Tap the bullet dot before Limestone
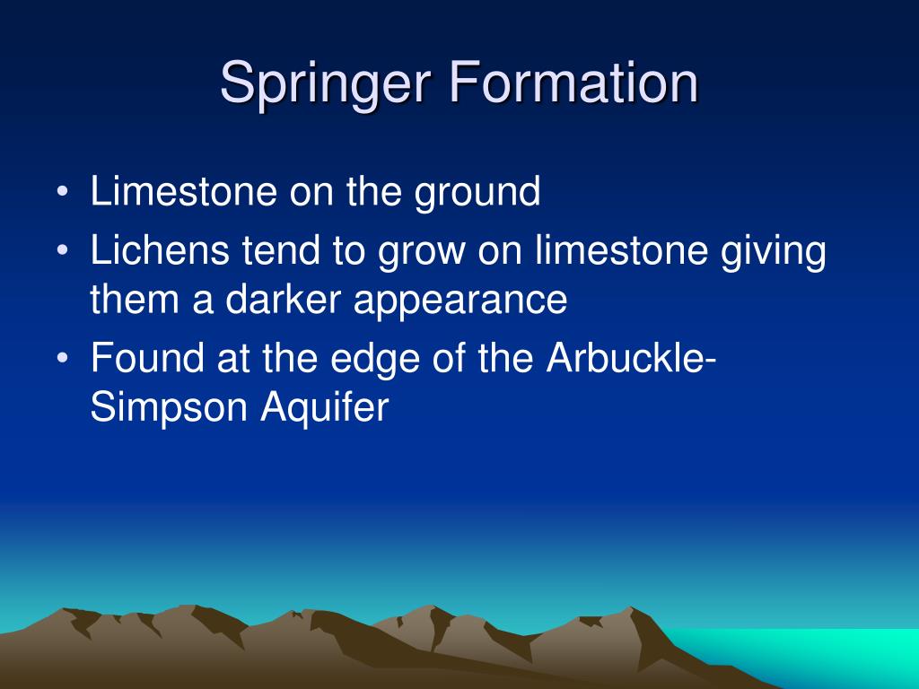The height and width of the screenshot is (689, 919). pos(61,194)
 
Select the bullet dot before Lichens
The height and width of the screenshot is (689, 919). pos(61,254)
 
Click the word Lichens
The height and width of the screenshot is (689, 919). pos(156,252)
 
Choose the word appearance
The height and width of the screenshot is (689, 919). pos(459,301)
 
